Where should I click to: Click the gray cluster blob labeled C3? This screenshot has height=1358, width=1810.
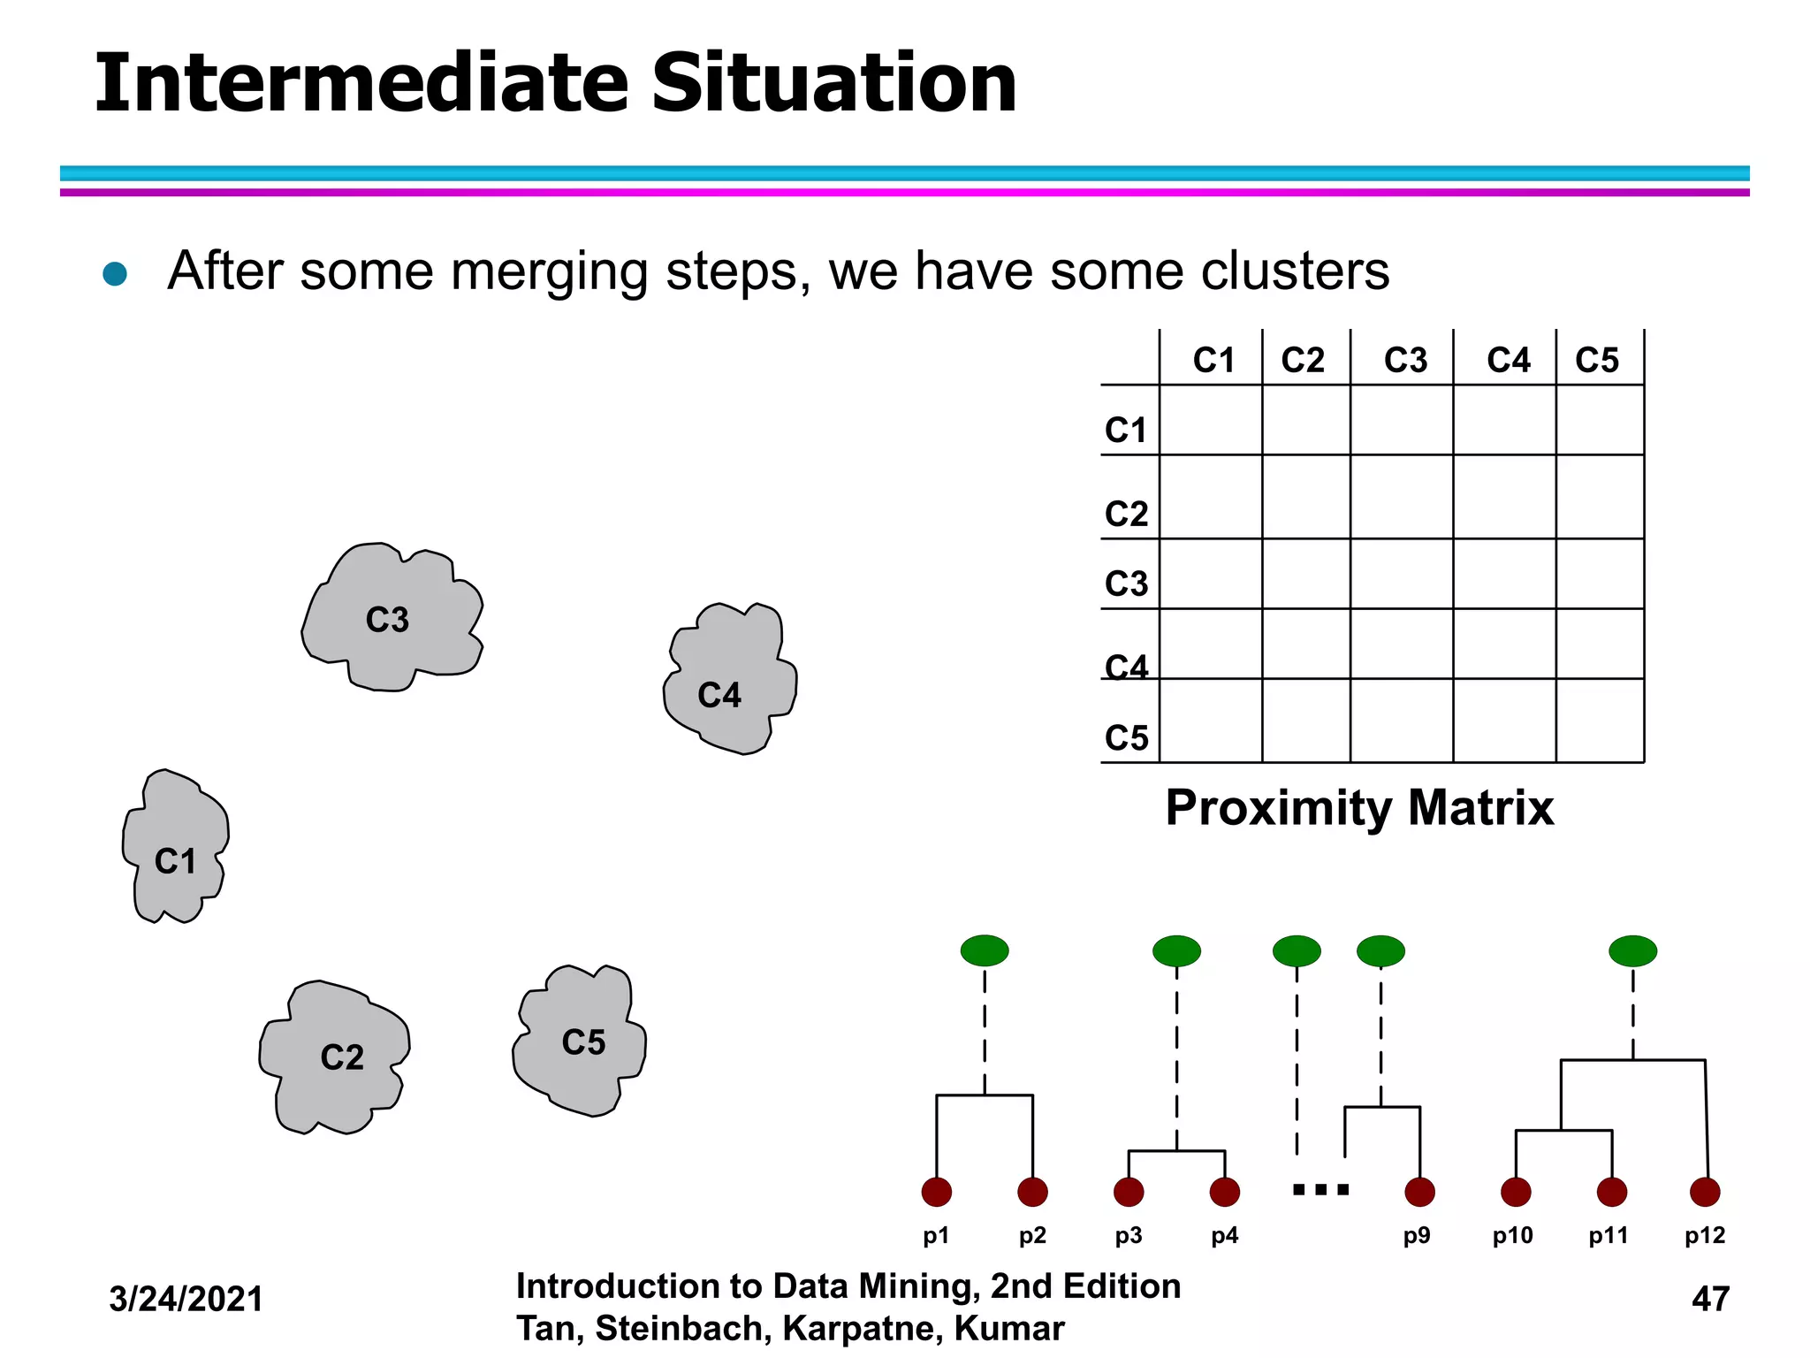[x=389, y=619]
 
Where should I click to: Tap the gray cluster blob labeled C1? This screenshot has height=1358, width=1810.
[x=175, y=849]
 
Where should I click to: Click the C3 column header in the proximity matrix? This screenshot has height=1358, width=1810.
[x=1405, y=360]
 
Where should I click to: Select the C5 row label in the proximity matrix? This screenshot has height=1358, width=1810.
[x=1126, y=737]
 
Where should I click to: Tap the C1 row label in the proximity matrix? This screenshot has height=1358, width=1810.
[x=1126, y=430]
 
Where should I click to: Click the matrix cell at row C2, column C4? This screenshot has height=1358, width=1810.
[x=1504, y=497]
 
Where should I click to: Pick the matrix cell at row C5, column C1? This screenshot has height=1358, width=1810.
[x=1211, y=721]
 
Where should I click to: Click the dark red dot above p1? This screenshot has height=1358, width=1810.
[x=937, y=1192]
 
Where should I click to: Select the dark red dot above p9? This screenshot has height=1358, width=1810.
[x=1419, y=1192]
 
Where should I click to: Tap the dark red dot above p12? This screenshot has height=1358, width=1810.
[x=1705, y=1192]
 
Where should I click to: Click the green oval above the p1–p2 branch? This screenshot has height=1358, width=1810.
[x=985, y=950]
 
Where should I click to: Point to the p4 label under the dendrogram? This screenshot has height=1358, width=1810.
[x=1225, y=1236]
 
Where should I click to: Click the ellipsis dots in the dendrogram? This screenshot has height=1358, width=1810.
[x=1320, y=1189]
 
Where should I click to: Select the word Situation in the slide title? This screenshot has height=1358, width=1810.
[x=834, y=83]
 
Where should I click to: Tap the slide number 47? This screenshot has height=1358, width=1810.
[x=1710, y=1299]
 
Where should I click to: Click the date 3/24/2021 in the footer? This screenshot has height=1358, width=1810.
[x=186, y=1299]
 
